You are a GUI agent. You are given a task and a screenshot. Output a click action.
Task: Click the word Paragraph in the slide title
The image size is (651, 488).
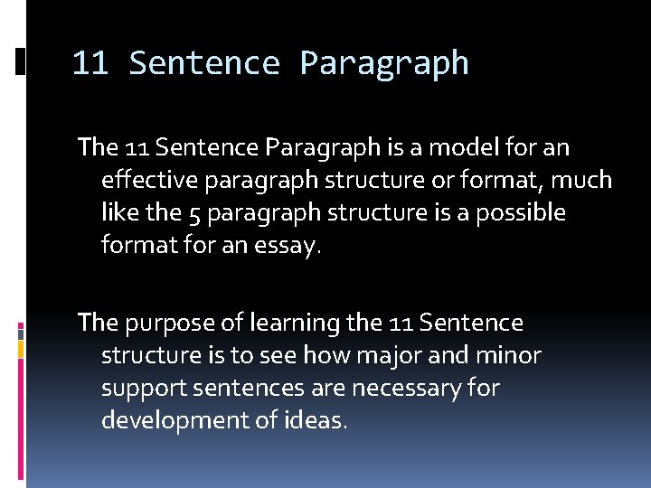384,63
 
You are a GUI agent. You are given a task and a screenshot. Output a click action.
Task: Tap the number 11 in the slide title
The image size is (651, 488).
90,63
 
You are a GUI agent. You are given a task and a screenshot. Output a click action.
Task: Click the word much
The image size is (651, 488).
581,180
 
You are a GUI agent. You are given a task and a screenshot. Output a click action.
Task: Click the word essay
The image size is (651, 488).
289,247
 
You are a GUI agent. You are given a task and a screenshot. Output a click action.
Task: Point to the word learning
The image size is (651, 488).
291,323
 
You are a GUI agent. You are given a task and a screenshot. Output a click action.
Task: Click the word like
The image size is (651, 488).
118,213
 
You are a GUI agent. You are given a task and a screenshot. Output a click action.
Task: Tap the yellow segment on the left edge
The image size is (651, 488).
21,345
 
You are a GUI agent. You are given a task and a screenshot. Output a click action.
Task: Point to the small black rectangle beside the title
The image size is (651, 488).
21,61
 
